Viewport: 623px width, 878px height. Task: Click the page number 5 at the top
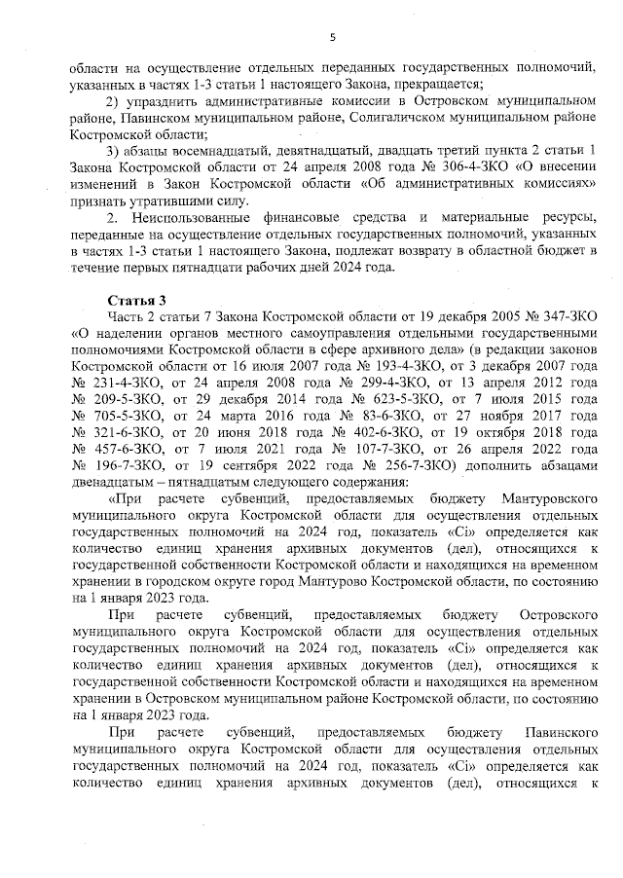click(332, 37)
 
